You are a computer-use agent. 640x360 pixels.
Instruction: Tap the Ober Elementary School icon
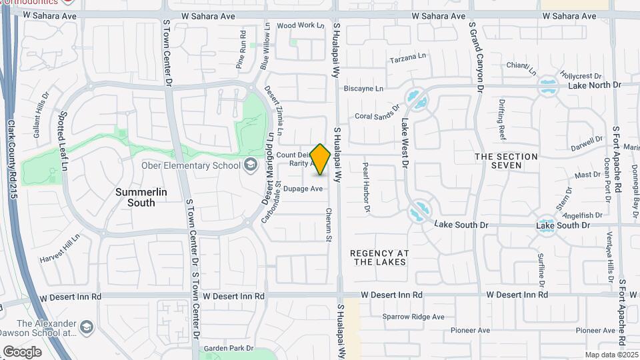tap(250, 165)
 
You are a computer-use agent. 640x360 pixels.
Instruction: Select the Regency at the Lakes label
tap(378, 257)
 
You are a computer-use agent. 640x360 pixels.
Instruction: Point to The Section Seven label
tap(506, 160)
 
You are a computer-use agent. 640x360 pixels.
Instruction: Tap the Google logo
tap(22, 351)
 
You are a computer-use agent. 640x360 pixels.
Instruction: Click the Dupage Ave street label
tap(303, 189)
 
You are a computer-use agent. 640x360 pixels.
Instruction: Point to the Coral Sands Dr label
tap(377, 111)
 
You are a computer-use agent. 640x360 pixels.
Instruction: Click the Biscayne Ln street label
tap(363, 88)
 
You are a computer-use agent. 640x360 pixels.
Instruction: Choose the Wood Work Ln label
tap(301, 25)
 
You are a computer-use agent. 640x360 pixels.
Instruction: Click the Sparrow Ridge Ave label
tap(413, 317)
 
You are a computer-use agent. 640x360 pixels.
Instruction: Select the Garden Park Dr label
tap(229, 348)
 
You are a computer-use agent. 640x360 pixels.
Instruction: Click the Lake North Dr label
tap(594, 85)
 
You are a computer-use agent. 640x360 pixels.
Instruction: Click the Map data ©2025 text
tap(611, 355)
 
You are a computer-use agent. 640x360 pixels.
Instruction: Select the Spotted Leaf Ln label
tap(65, 140)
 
